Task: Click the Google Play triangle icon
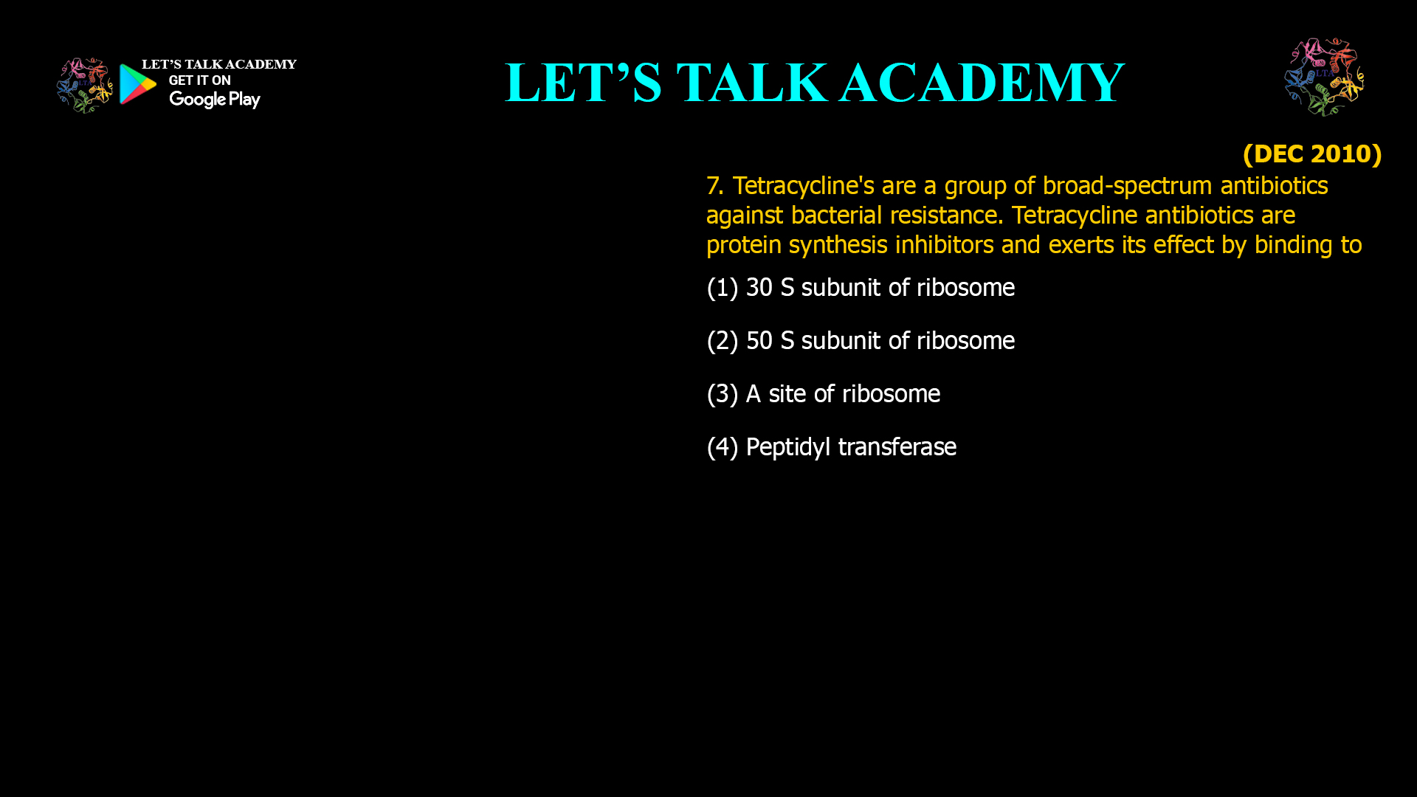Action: point(137,84)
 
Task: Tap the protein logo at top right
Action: point(1324,77)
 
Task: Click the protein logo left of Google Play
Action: point(85,86)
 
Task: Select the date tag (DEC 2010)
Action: point(1312,153)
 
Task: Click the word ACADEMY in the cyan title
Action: point(982,82)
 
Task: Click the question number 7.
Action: point(714,185)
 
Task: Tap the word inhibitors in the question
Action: point(944,244)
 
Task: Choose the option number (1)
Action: point(722,288)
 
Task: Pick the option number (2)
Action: point(722,341)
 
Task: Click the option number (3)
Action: point(722,394)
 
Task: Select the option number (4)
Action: point(722,447)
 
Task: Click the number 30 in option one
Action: point(759,288)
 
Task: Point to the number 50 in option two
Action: point(759,341)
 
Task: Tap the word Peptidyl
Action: point(788,447)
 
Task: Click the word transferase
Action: point(897,446)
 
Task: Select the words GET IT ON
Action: point(199,80)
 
